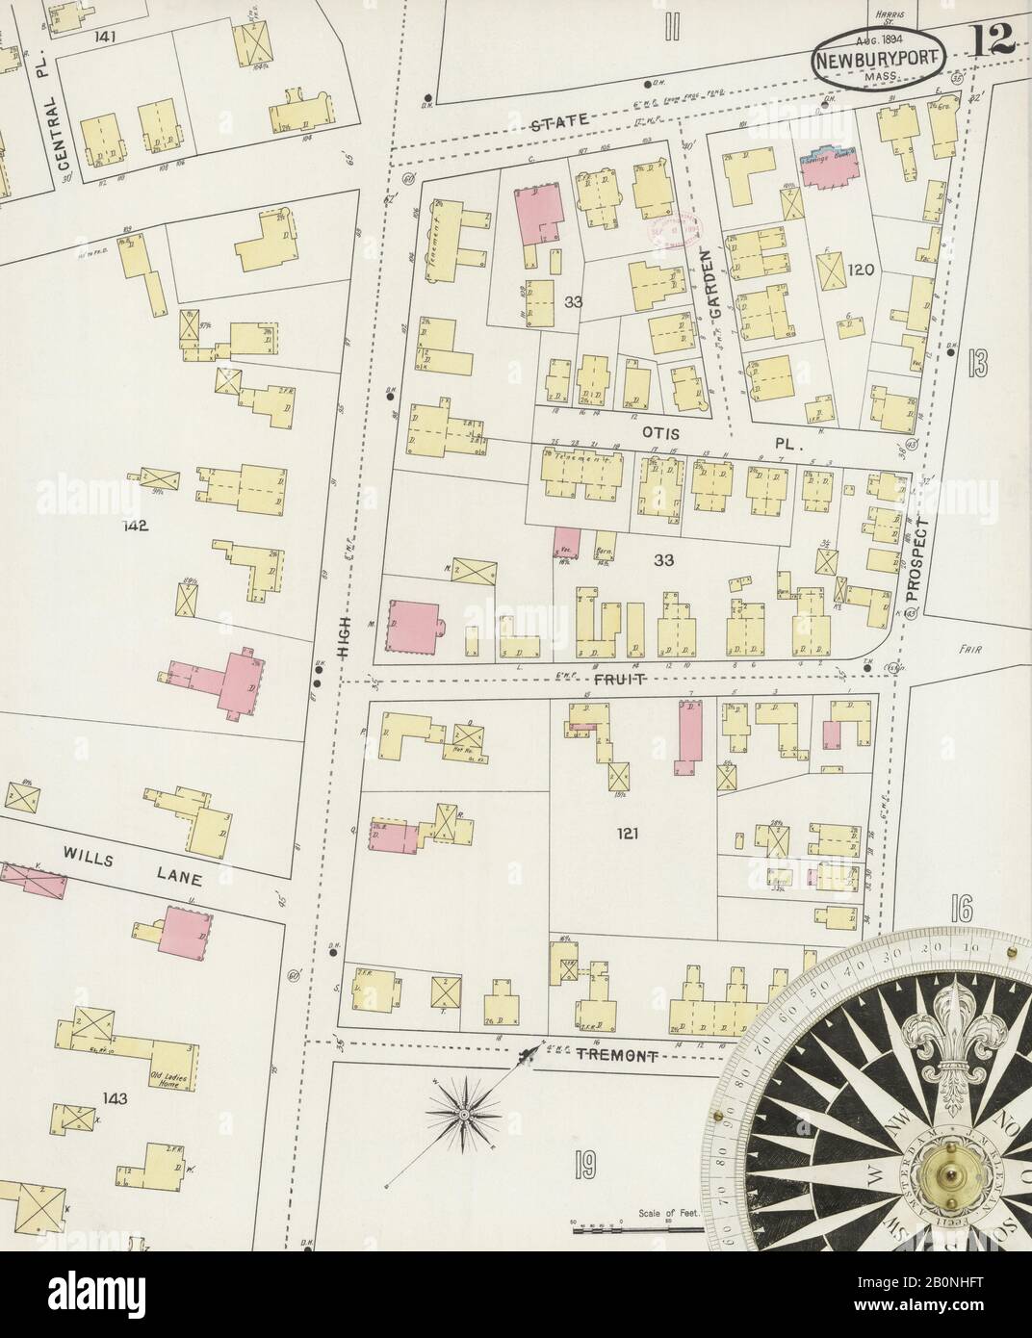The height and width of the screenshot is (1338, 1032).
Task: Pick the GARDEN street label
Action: [710, 276]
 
